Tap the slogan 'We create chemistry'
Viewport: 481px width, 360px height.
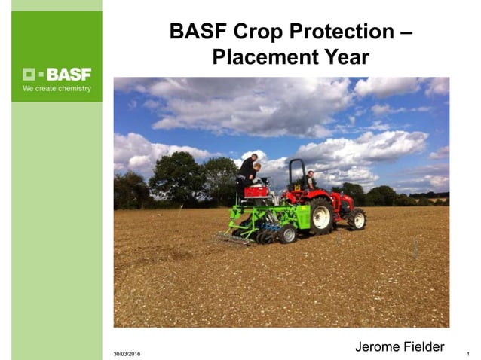(57, 89)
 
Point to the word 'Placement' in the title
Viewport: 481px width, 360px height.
(262, 56)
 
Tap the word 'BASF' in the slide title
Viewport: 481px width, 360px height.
(195, 32)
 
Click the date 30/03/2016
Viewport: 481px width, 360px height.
(127, 354)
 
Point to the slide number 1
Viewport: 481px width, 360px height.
(469, 354)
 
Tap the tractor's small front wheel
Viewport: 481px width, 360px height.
(357, 219)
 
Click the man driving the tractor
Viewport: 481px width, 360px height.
(310, 180)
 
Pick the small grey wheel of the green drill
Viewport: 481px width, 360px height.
(287, 234)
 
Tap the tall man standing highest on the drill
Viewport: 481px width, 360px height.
(247, 169)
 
